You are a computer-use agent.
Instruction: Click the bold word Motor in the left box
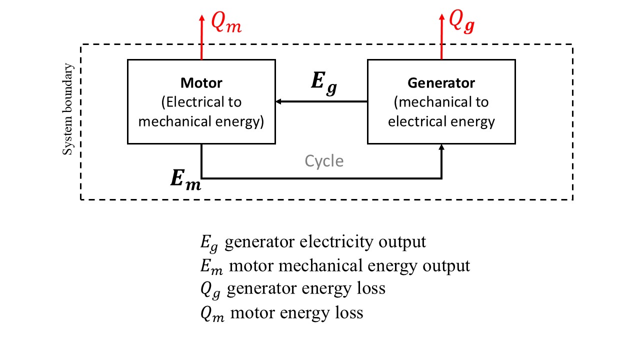[x=201, y=82]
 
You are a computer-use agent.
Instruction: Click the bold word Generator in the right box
[x=441, y=82]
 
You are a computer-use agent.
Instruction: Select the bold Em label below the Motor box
[x=185, y=180]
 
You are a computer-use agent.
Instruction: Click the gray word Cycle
[x=324, y=161]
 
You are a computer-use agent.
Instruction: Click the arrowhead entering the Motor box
[x=278, y=101]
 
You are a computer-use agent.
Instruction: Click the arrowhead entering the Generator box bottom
[x=441, y=147]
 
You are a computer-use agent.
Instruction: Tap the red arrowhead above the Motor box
[x=201, y=17]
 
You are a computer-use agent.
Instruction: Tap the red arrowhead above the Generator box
[x=441, y=17]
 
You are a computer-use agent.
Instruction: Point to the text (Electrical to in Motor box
[x=201, y=102]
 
